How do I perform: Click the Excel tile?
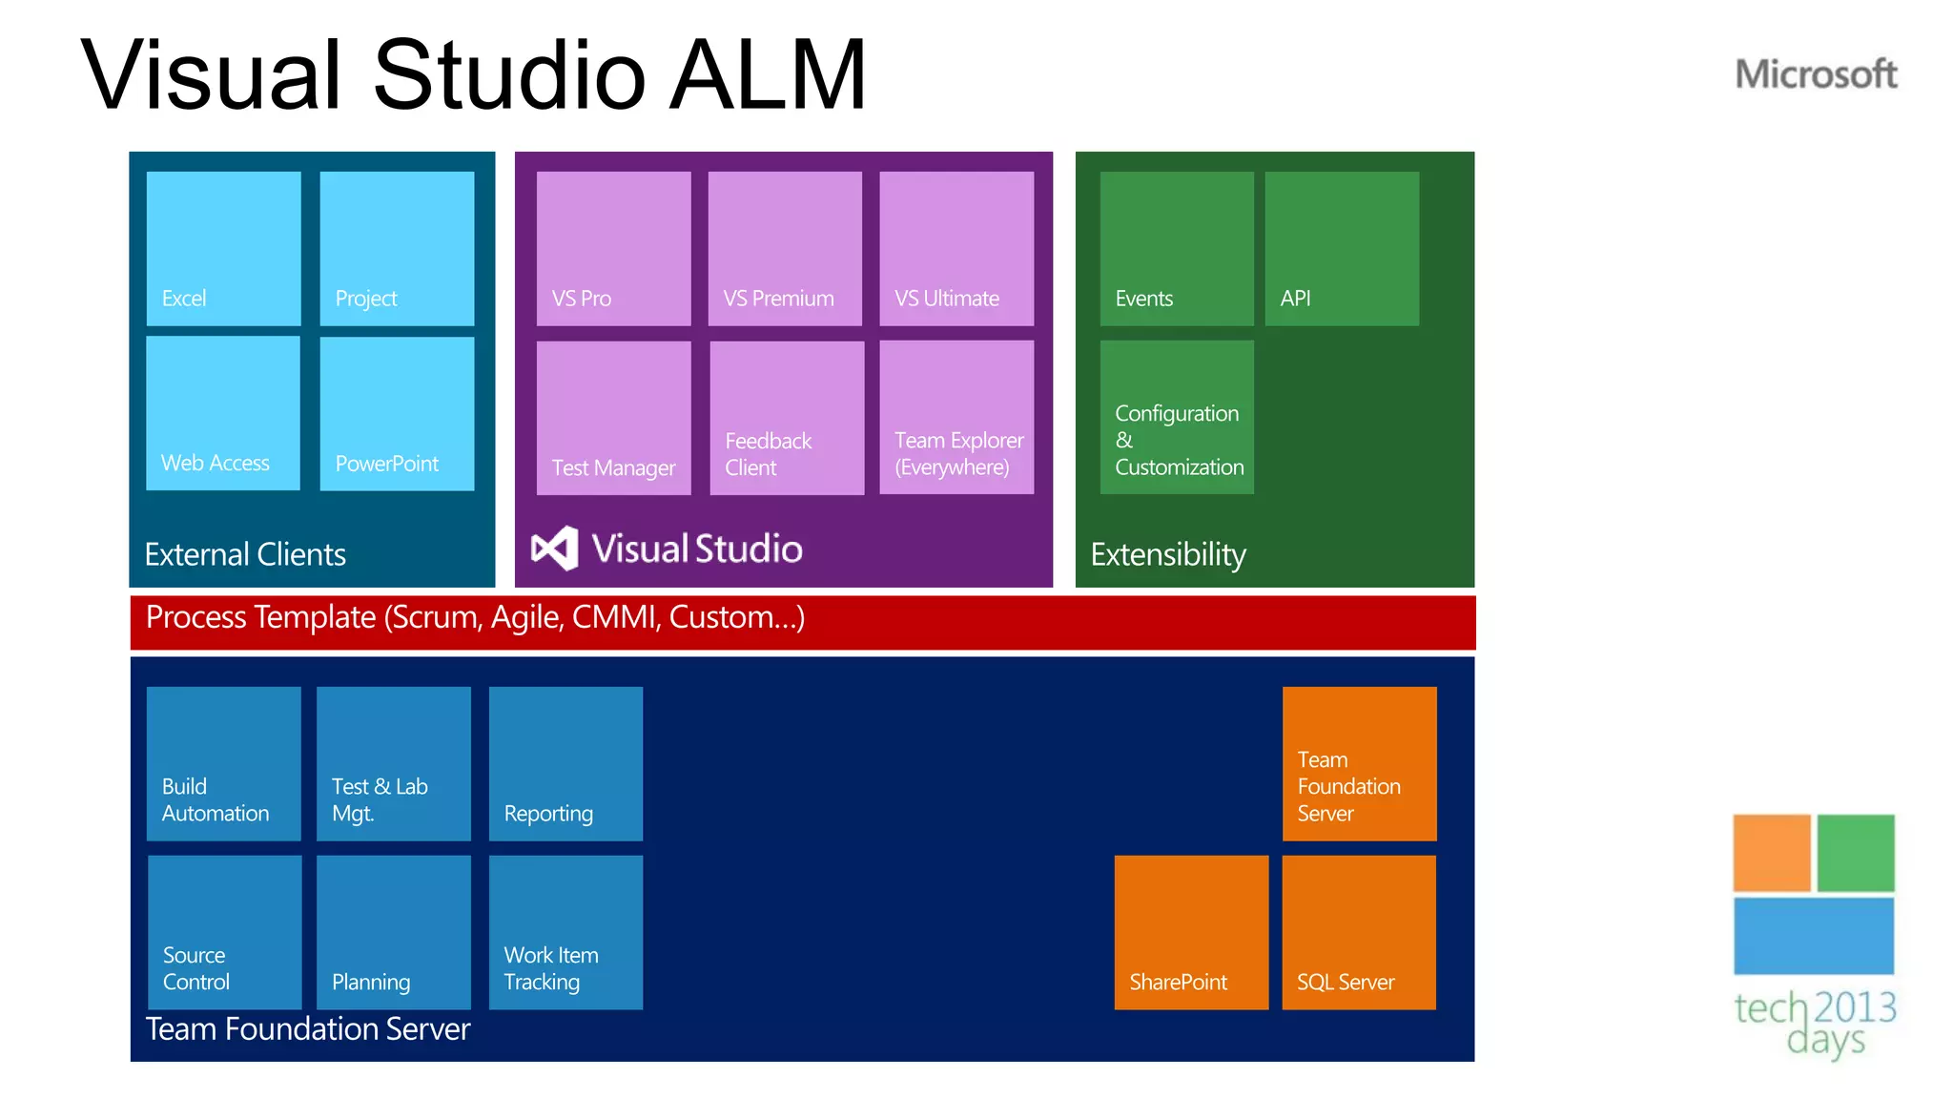click(x=223, y=248)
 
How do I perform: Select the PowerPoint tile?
click(x=397, y=413)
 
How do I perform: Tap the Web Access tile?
click(x=223, y=413)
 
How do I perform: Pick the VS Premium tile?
click(x=785, y=248)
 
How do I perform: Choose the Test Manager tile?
click(x=613, y=418)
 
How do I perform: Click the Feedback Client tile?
click(x=787, y=418)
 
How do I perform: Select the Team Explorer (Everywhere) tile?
click(x=956, y=418)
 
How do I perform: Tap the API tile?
click(x=1342, y=248)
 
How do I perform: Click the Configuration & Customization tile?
click(x=1177, y=418)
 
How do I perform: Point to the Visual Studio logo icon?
click(x=554, y=549)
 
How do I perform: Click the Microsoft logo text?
click(x=1816, y=74)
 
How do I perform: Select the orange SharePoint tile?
click(x=1191, y=932)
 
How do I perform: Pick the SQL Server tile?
click(x=1359, y=932)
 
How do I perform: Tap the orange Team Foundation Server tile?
click(x=1359, y=763)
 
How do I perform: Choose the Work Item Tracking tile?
click(x=565, y=932)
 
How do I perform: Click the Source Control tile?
click(x=225, y=932)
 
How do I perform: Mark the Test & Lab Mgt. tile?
click(x=393, y=763)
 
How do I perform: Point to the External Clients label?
click(x=245, y=554)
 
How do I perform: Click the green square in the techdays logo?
click(x=1855, y=853)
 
